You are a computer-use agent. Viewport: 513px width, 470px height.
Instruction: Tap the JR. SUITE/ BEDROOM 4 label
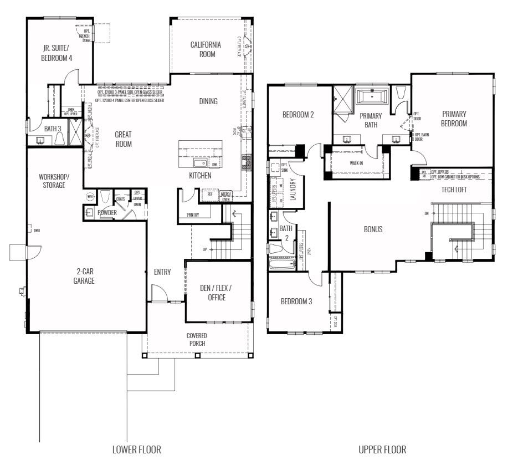coord(57,53)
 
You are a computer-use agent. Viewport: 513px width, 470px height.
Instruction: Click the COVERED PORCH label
coord(197,339)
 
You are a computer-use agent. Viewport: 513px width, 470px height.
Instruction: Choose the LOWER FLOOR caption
coord(137,449)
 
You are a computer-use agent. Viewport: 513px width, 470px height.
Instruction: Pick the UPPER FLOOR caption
coord(382,449)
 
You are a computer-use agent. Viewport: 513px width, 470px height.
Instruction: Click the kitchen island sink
coord(199,163)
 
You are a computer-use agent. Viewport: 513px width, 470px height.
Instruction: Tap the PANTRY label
coord(193,214)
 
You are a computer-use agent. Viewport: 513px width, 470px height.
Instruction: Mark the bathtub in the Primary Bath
coord(371,97)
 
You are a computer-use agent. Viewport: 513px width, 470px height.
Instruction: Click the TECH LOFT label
coord(454,190)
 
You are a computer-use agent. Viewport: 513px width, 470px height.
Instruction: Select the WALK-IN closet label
coord(356,164)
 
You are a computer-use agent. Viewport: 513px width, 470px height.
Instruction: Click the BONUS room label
coord(373,229)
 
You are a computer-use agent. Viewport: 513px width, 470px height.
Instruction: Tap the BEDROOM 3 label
coord(296,302)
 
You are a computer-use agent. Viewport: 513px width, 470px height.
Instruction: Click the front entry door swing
coord(158,293)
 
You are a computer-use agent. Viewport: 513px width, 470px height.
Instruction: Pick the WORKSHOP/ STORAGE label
coord(54,181)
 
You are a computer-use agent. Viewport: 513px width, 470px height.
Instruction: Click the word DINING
coord(208,101)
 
